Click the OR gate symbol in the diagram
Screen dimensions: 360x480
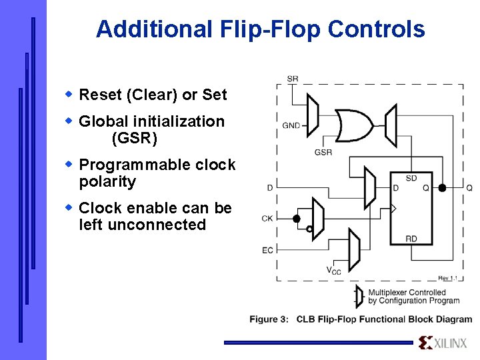tap(354, 123)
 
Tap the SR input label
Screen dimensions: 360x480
tap(293, 79)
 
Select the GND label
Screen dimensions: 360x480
tap(291, 125)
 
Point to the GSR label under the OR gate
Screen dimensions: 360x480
tap(323, 153)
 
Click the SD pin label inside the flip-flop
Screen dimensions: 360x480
tap(411, 178)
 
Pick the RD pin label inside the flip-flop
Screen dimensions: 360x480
tap(411, 238)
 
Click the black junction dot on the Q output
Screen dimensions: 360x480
tap(442, 188)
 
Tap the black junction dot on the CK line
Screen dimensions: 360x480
tap(297, 218)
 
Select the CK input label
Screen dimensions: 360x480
tap(267, 218)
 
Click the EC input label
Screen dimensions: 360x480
tap(267, 251)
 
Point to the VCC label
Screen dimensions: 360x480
tap(333, 270)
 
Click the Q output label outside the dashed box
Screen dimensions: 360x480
tap(469, 188)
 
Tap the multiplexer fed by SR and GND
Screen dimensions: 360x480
tap(312, 114)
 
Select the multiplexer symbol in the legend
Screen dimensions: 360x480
tap(359, 296)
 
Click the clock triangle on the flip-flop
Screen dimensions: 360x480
tap(393, 209)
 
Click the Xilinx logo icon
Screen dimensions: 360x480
tap(426, 343)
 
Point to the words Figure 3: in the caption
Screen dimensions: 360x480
tap(269, 319)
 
